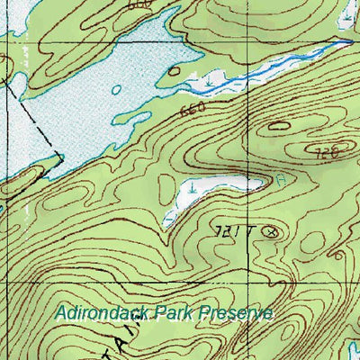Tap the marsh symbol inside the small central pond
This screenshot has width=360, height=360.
point(194,189)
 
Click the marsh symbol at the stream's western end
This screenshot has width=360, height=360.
point(209,82)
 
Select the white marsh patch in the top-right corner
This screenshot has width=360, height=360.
point(346,13)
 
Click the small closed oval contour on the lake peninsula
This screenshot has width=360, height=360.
point(176,70)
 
